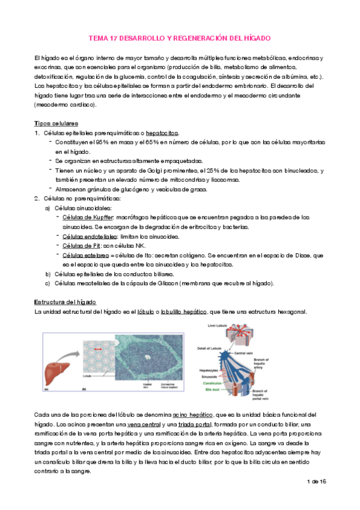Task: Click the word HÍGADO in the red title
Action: pyautogui.click(x=257, y=38)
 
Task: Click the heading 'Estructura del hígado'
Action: pyautogui.click(x=66, y=301)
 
